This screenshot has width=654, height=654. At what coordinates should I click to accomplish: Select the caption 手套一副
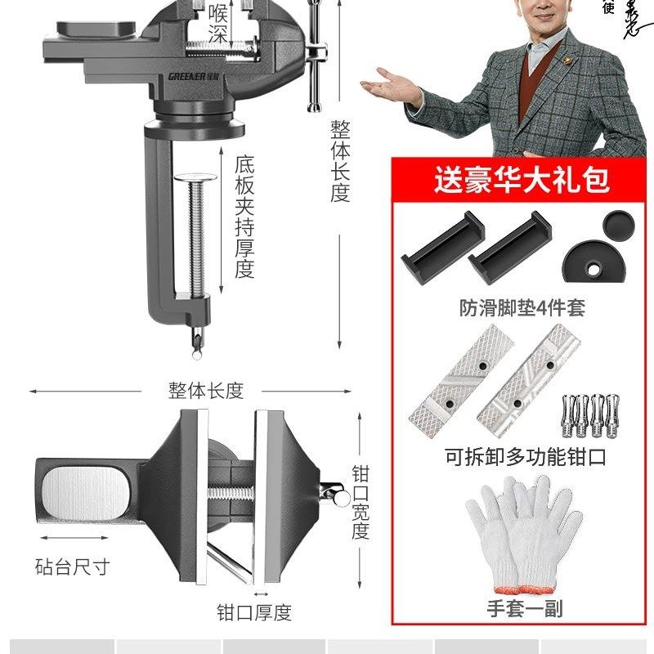(525, 608)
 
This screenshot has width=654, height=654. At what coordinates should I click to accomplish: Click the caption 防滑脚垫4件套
(522, 308)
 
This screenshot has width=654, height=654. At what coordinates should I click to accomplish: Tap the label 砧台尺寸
(72, 566)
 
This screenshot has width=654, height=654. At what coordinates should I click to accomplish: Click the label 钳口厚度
(253, 611)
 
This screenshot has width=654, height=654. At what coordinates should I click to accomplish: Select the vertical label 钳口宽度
(361, 502)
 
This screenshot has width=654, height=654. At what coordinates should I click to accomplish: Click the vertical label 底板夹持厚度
(244, 217)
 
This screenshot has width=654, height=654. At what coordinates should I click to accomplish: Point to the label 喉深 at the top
(217, 22)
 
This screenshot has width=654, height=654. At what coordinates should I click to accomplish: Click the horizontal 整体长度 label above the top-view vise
(206, 390)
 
